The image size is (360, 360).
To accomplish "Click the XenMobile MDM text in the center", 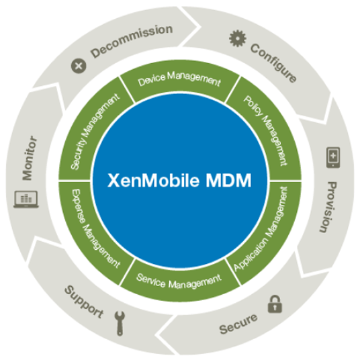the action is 179,180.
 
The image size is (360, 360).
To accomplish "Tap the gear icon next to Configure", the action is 238,38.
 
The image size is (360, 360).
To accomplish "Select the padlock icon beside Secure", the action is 275,304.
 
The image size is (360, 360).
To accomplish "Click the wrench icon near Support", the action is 120,323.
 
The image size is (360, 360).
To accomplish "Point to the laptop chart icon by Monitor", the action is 26,199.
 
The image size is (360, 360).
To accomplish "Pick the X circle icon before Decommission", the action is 79,66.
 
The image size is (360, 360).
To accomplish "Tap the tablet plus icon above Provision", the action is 333,157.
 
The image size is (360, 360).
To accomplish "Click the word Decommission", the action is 132,41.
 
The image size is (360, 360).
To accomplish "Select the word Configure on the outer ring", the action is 273,62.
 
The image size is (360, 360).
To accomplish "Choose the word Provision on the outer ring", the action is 328,207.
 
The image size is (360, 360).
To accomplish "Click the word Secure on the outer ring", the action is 238,324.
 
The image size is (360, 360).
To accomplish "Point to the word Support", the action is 84,302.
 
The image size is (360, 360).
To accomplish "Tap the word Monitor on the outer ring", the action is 30,158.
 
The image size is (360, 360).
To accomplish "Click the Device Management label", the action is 179,79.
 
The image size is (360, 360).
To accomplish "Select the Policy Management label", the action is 265,131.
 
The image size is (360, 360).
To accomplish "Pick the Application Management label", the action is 261,228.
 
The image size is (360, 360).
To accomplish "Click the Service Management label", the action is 179,281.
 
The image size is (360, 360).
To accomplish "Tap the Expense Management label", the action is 96,228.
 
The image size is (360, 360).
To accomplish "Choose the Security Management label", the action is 95,132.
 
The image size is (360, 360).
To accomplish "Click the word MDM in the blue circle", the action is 228,180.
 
